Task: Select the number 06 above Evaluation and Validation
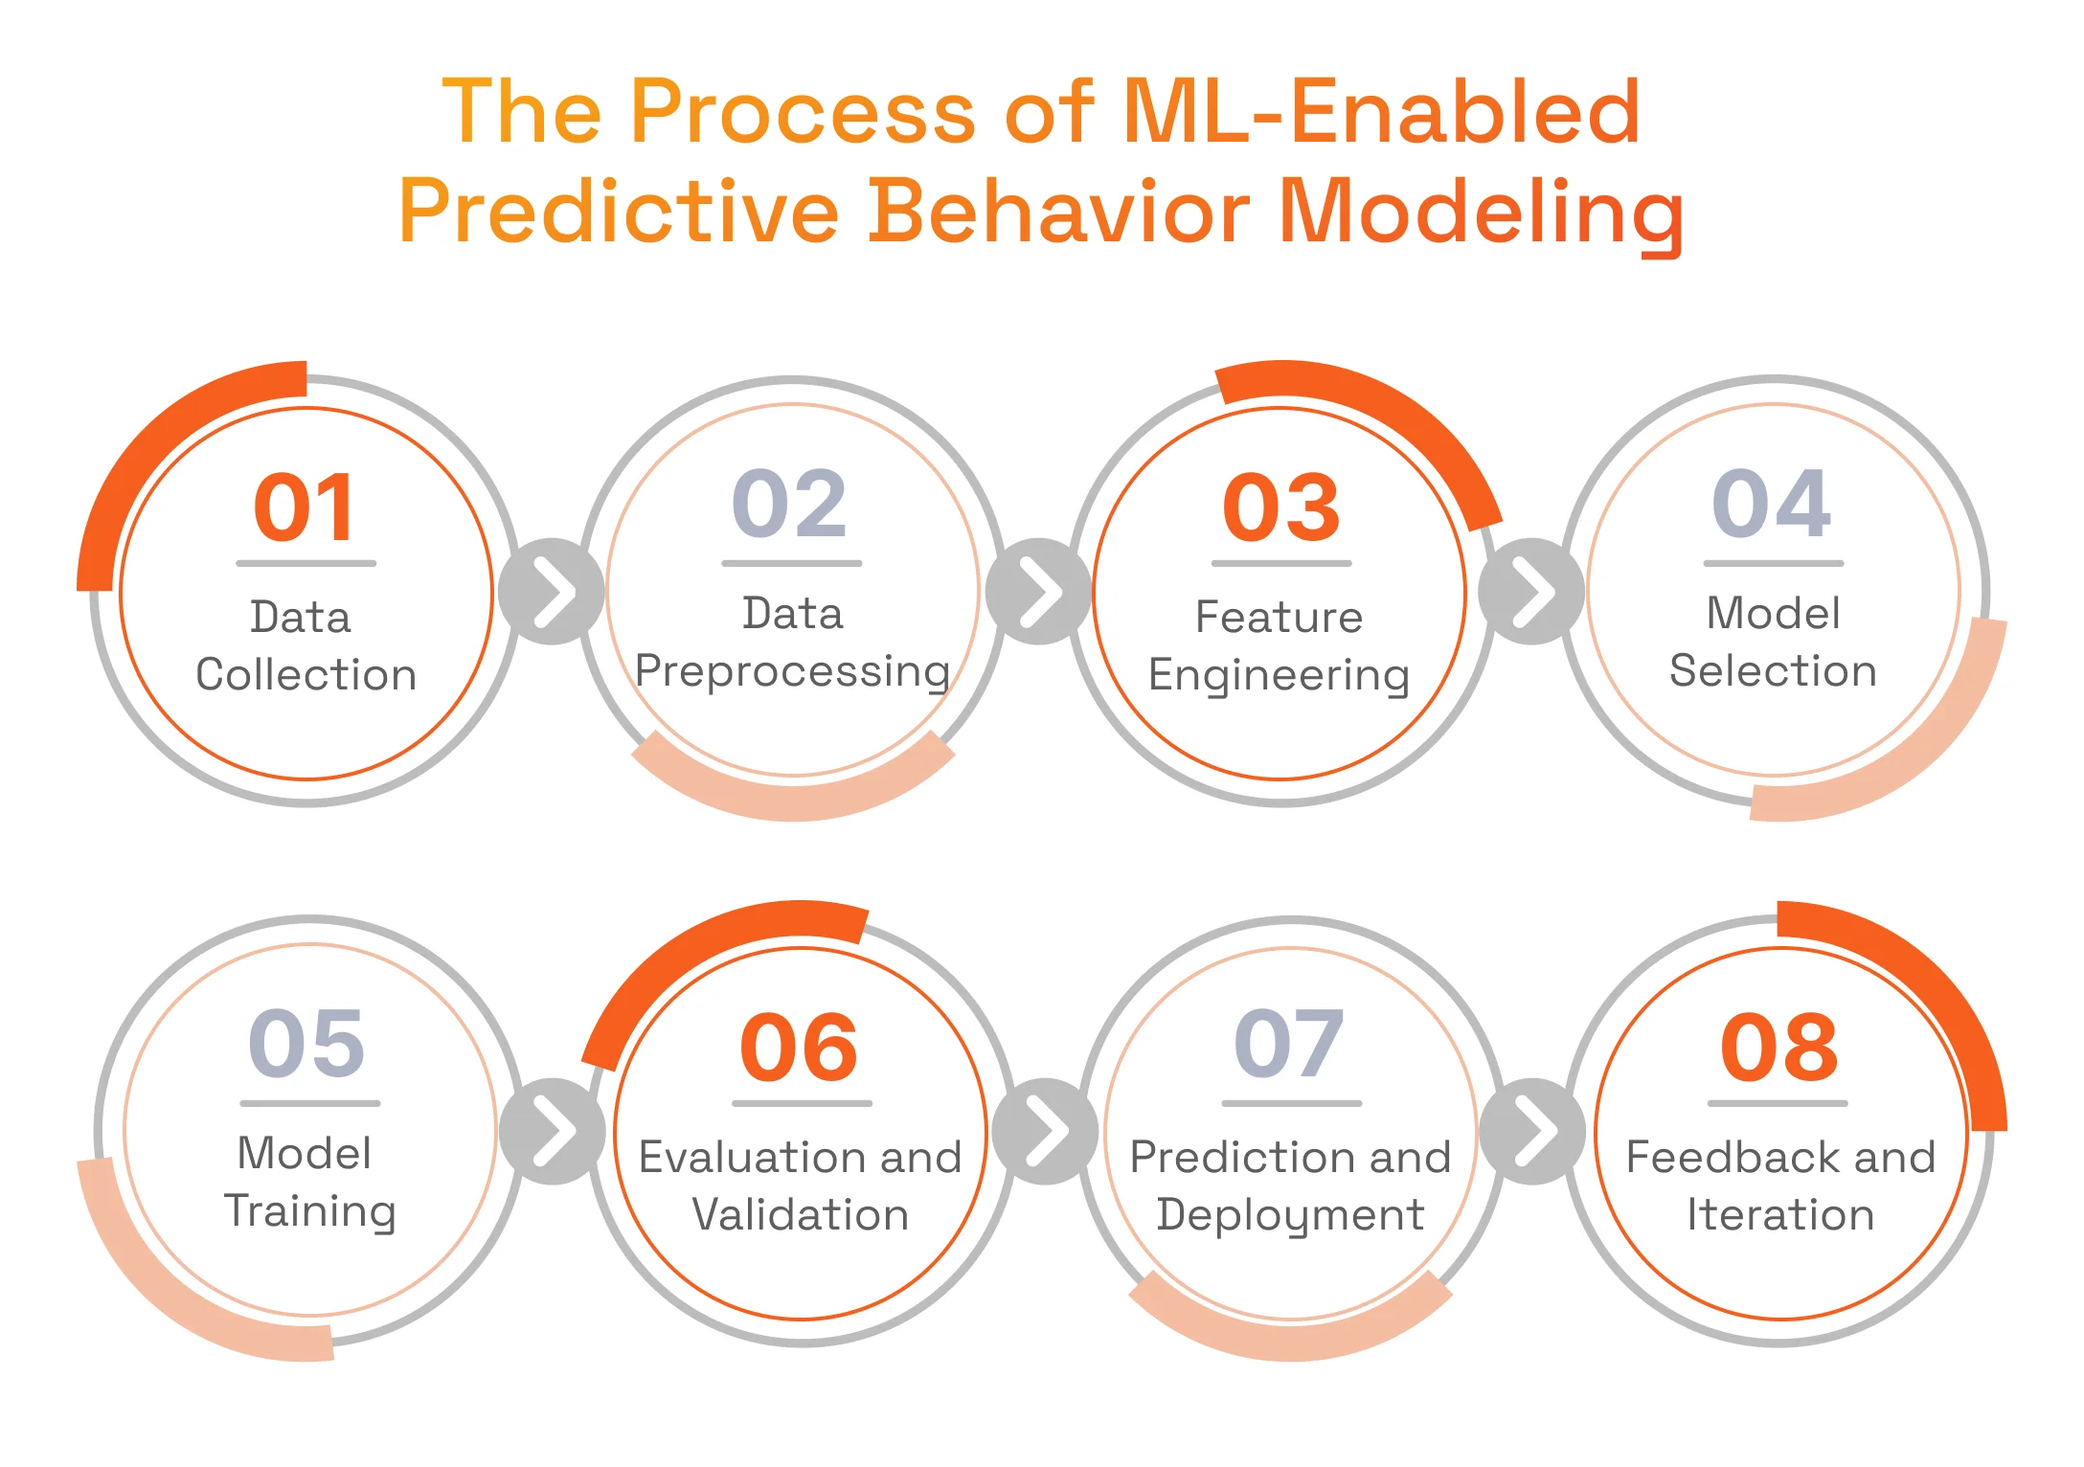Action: pyautogui.click(x=799, y=1048)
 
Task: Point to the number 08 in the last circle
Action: pyautogui.click(x=1779, y=1048)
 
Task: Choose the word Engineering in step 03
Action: pyautogui.click(x=1280, y=676)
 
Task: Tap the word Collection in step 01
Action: pyautogui.click(x=306, y=675)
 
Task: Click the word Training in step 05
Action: pyautogui.click(x=310, y=1212)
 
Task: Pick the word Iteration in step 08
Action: pyautogui.click(x=1780, y=1215)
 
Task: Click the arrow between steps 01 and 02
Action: pyautogui.click(x=553, y=591)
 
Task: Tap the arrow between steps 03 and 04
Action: pyautogui.click(x=1531, y=591)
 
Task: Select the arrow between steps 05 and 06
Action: pyautogui.click(x=553, y=1131)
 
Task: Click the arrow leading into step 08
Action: pyautogui.click(x=1532, y=1131)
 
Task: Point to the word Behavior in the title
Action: pyautogui.click(x=1058, y=212)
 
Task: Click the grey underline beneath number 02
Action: pyautogui.click(x=791, y=563)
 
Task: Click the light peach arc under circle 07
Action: pyautogui.click(x=1290, y=1337)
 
